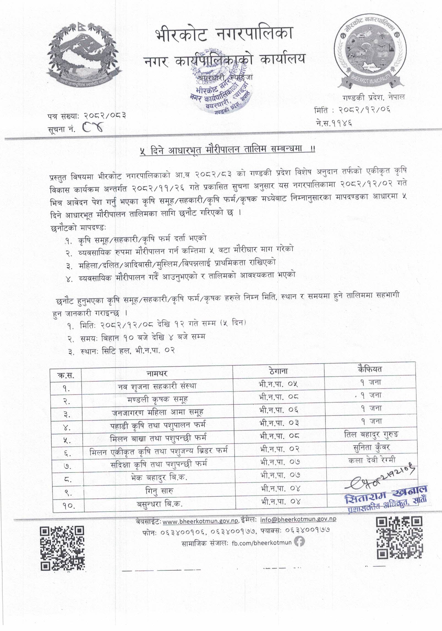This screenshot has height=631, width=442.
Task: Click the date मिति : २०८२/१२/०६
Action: [x=352, y=110]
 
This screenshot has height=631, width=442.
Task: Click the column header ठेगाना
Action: [x=278, y=371]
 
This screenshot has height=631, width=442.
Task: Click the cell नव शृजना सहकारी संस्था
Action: [x=157, y=386]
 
